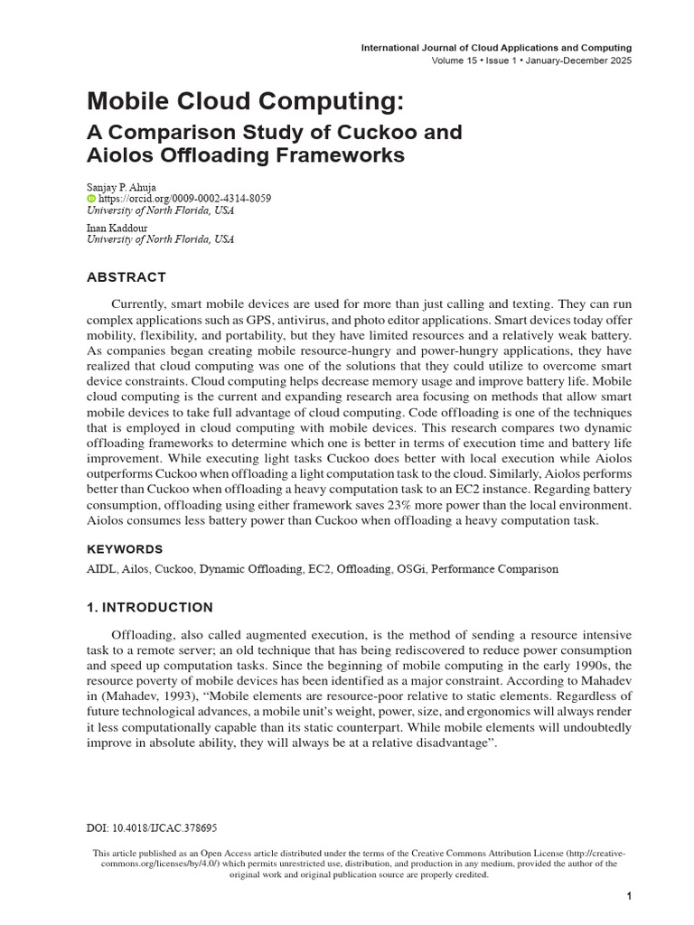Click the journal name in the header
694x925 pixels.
point(496,47)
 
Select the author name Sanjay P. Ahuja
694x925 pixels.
point(121,187)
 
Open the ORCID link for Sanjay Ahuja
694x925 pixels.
point(184,199)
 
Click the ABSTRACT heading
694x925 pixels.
point(127,277)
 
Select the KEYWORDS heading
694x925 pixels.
point(125,549)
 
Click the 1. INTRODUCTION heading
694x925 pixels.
point(150,607)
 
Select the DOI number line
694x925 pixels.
point(152,827)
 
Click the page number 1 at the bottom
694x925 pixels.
point(628,895)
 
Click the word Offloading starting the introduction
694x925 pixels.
point(143,635)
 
